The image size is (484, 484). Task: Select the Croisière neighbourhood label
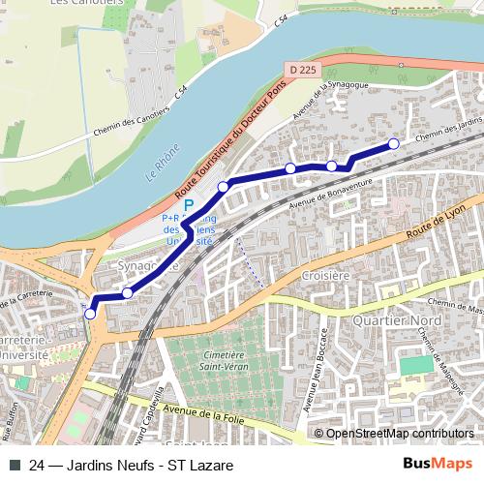pyautogui.click(x=324, y=275)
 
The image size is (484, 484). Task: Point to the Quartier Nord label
pyautogui.click(x=390, y=320)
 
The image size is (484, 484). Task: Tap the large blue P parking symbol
pyautogui.click(x=190, y=205)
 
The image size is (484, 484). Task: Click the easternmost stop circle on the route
pyautogui.click(x=394, y=144)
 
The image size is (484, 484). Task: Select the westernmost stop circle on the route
pyautogui.click(x=90, y=313)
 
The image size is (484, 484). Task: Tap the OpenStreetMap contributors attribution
pyautogui.click(x=398, y=434)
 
